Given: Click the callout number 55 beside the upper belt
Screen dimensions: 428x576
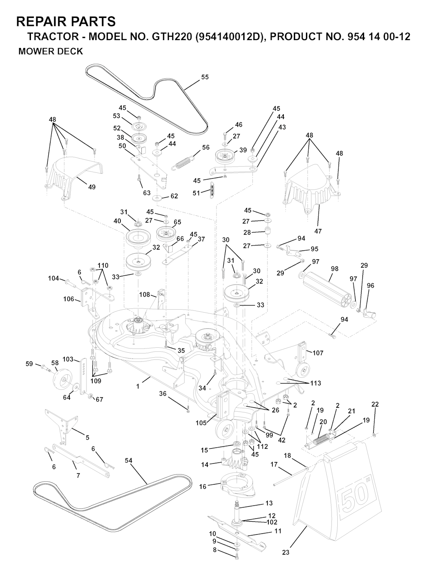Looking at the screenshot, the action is tap(205, 77).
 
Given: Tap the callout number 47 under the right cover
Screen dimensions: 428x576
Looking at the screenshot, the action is tap(318, 231).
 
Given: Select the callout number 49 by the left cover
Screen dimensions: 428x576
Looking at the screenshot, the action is tap(92, 187).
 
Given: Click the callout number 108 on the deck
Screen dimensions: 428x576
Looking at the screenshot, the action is tap(145, 295).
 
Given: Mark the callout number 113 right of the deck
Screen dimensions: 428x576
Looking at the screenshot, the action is tap(316, 383).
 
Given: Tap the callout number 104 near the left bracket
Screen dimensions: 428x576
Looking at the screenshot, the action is tap(53, 278).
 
